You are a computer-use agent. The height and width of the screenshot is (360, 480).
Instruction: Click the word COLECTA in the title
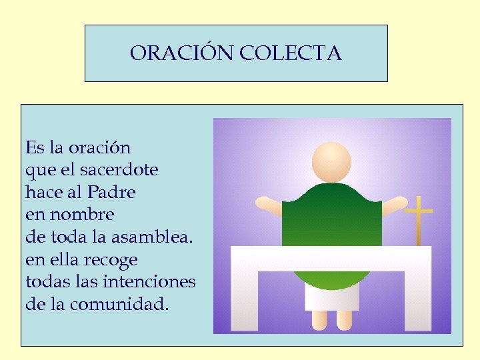(x=289, y=53)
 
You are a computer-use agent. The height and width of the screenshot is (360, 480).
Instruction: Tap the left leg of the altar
(x=244, y=300)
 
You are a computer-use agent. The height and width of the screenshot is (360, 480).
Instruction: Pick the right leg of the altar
(x=417, y=300)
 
